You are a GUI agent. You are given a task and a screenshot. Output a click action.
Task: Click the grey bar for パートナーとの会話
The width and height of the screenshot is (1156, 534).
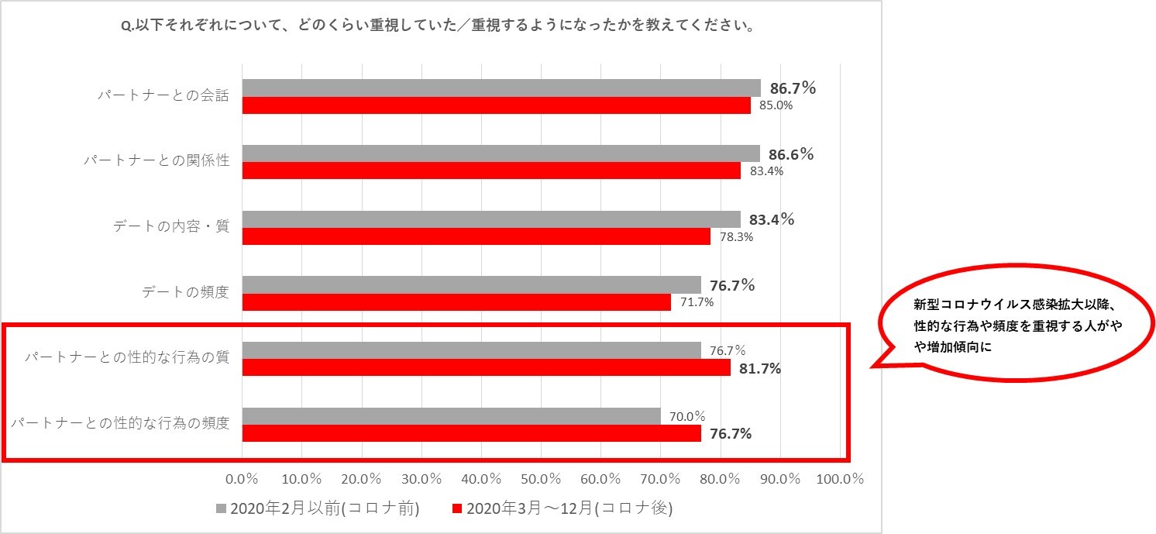tap(501, 88)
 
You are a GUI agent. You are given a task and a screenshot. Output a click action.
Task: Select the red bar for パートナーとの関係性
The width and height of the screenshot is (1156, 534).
tap(491, 171)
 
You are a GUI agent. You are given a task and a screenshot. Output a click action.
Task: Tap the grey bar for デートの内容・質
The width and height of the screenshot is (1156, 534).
tap(491, 219)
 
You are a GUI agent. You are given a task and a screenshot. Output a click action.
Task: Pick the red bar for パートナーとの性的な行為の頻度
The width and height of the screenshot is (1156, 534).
tap(472, 433)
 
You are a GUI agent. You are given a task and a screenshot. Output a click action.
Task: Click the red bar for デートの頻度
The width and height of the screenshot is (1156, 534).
tap(456, 302)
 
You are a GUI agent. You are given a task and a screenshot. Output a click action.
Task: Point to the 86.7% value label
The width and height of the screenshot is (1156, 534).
tap(793, 88)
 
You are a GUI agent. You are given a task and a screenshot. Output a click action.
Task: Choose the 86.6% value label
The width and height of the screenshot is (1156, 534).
tap(791, 154)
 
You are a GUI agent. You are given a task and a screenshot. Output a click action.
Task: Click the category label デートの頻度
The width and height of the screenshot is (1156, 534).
tap(185, 292)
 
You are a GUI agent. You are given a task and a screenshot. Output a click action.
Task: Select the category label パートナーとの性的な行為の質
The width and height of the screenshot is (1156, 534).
tap(127, 358)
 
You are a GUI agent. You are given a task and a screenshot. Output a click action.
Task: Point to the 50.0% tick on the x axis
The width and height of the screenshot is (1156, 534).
tap(541, 478)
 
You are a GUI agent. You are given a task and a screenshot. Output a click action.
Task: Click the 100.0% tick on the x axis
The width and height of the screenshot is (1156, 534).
tap(840, 478)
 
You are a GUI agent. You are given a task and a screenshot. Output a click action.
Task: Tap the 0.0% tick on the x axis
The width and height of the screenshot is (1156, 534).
tap(243, 478)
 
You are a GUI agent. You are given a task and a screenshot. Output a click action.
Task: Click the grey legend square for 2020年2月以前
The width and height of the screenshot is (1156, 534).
tap(221, 508)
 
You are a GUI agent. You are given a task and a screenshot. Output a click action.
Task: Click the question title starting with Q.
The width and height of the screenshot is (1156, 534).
tap(440, 26)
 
